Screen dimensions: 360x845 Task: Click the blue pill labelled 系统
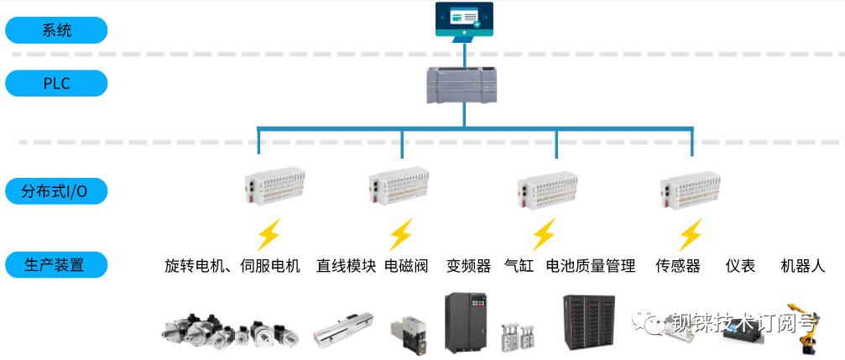56,31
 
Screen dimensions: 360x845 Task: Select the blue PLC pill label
56,83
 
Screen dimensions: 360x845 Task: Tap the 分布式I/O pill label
56,190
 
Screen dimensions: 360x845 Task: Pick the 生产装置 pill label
56,265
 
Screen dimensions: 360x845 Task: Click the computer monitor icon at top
463,22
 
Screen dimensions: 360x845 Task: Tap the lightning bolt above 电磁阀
400,234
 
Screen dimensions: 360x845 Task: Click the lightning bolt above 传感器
690,234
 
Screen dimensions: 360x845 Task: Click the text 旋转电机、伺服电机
232,266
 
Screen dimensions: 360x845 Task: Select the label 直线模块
346,266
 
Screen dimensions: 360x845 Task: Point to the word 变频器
468,266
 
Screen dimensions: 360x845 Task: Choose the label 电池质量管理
591,266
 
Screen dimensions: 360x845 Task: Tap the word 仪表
740,266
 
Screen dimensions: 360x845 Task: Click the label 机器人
803,266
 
